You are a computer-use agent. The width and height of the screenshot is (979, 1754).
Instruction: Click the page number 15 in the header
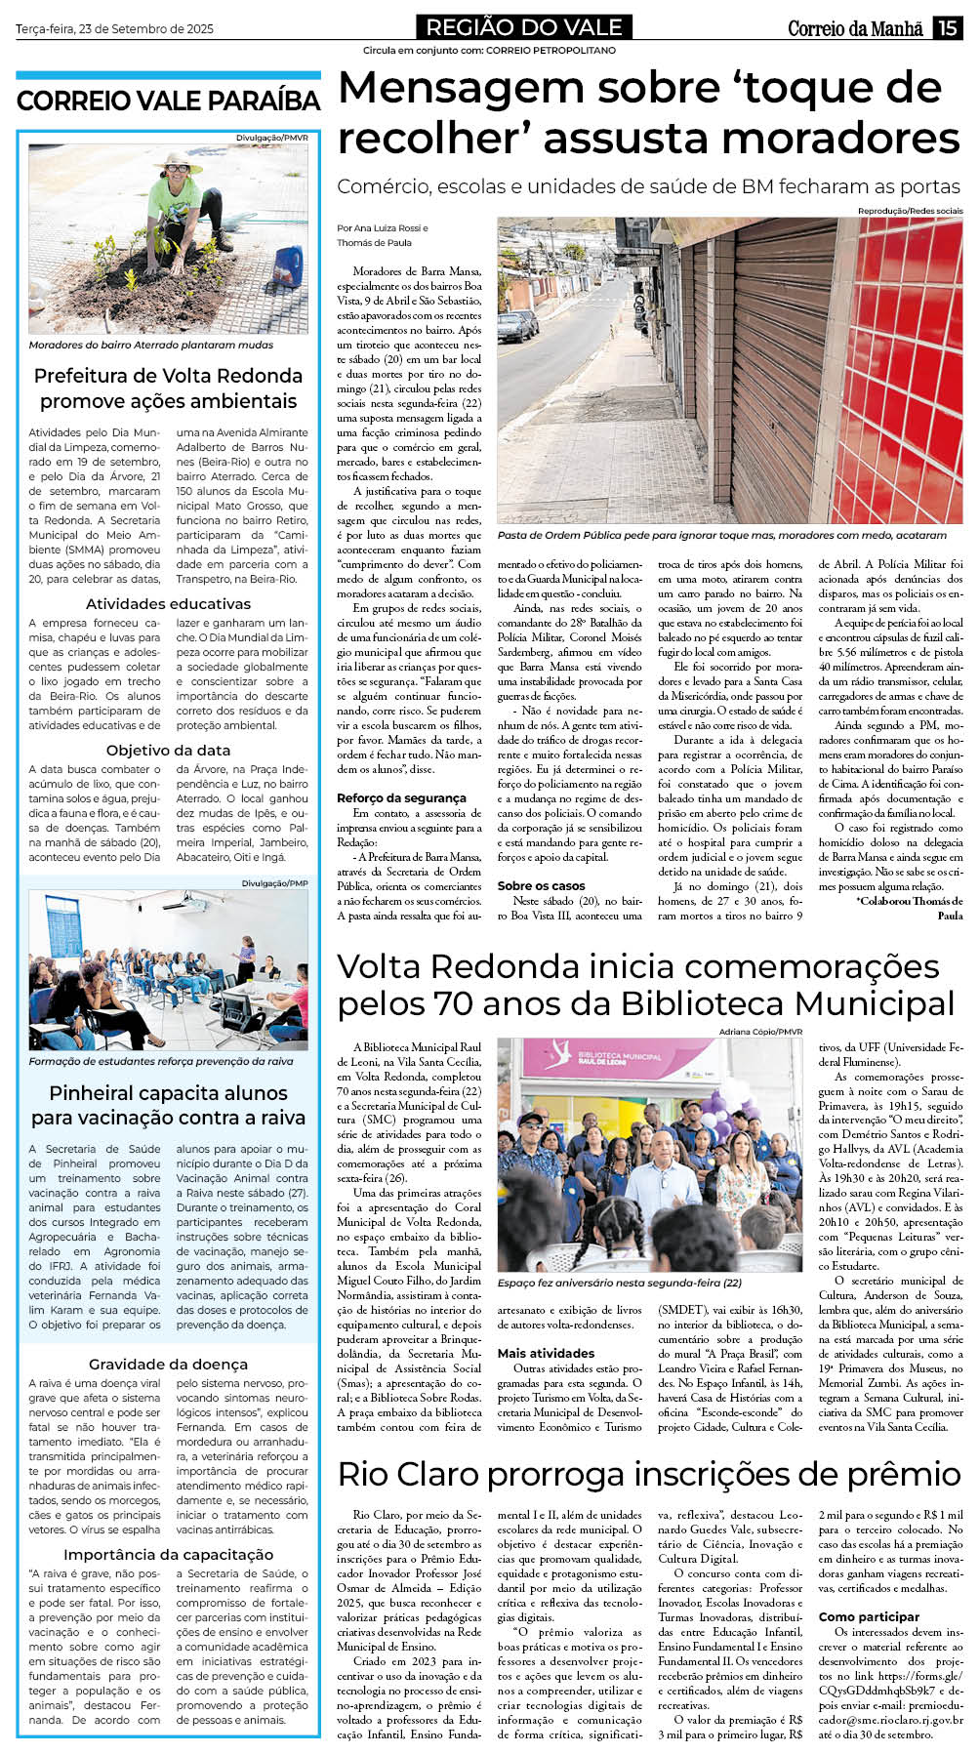point(947,28)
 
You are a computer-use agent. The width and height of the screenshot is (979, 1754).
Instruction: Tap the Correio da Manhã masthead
point(855,28)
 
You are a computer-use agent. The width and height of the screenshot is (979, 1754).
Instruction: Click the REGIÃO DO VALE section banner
point(524,27)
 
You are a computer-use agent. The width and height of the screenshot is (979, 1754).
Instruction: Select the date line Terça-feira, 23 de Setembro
point(114,29)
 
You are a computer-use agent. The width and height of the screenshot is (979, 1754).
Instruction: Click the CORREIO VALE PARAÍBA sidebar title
point(168,102)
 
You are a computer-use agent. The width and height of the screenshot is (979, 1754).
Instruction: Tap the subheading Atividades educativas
point(168,604)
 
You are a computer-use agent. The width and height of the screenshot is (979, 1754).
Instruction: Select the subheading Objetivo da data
point(168,751)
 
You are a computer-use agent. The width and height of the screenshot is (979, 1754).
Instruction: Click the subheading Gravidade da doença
point(168,1365)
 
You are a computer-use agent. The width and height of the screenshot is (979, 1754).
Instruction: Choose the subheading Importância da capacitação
point(168,1555)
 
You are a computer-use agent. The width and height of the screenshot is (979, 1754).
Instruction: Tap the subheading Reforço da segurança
point(388,798)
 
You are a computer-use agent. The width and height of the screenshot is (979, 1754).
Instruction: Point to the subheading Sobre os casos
point(541,886)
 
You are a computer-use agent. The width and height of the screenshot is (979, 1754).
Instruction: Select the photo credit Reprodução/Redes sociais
point(910,211)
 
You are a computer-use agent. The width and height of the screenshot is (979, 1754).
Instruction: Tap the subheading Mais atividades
point(546,1354)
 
